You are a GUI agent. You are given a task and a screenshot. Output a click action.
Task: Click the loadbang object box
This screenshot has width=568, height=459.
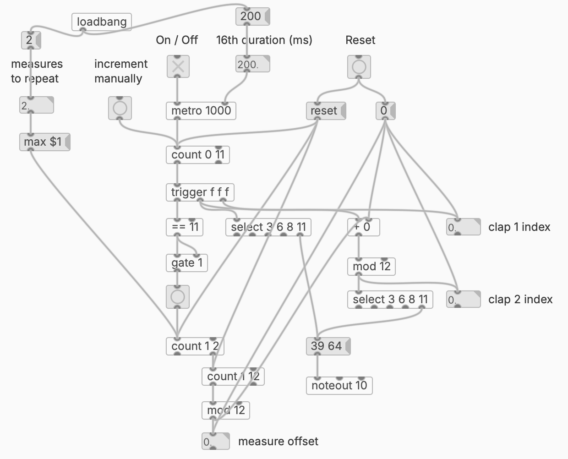(x=102, y=22)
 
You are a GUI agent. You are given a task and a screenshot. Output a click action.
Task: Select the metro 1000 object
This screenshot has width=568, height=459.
(x=201, y=110)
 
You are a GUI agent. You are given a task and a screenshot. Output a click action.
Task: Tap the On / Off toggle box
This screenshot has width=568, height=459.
(x=178, y=67)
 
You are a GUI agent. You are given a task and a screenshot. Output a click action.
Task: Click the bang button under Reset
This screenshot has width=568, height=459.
(x=359, y=67)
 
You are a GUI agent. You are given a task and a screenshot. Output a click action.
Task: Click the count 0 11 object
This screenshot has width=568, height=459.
(x=197, y=155)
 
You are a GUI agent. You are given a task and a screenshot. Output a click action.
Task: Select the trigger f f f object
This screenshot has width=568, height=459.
(x=200, y=192)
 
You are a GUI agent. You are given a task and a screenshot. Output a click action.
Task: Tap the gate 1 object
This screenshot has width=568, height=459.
(x=186, y=263)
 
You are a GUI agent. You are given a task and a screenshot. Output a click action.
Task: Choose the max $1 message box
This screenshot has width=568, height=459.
(x=44, y=142)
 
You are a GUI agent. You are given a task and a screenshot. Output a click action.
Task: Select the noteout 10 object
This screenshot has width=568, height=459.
(x=339, y=385)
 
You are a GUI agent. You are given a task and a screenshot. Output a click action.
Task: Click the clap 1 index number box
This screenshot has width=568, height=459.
(x=463, y=227)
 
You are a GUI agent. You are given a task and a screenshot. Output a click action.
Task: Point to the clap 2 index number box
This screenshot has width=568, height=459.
(x=463, y=300)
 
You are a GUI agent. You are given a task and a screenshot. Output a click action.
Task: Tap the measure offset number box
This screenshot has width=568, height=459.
(x=215, y=442)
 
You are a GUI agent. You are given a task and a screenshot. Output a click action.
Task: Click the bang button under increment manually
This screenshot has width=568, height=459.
(x=120, y=108)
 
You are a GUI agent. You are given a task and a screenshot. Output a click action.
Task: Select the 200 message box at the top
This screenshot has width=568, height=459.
(x=252, y=16)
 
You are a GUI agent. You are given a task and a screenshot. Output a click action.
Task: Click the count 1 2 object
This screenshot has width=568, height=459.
(x=195, y=346)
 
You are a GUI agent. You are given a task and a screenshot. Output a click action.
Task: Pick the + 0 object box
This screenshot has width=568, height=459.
(x=363, y=227)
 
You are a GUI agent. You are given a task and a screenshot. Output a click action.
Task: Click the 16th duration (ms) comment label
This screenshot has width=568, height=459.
(x=264, y=40)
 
